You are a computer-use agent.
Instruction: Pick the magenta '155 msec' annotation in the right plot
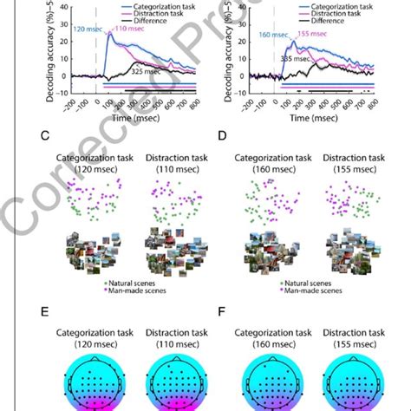click(313, 32)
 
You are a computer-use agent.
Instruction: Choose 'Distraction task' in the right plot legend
click(349, 15)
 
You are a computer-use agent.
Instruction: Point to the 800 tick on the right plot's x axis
click(373, 102)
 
